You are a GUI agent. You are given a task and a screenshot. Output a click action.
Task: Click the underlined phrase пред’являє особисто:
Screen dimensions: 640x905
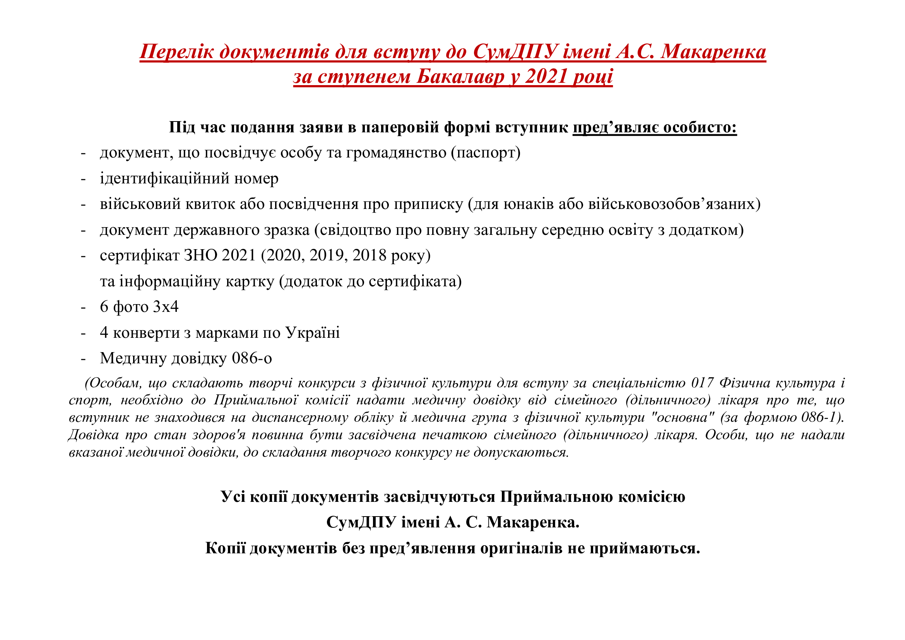pyautogui.click(x=654, y=128)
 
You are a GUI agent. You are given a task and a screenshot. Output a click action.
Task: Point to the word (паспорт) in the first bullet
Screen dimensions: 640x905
pyautogui.click(x=486, y=153)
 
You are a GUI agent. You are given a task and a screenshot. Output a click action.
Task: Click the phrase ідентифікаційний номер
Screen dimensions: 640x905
pyautogui.click(x=189, y=178)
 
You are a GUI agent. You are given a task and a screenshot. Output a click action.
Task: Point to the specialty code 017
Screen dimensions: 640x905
pyautogui.click(x=702, y=383)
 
